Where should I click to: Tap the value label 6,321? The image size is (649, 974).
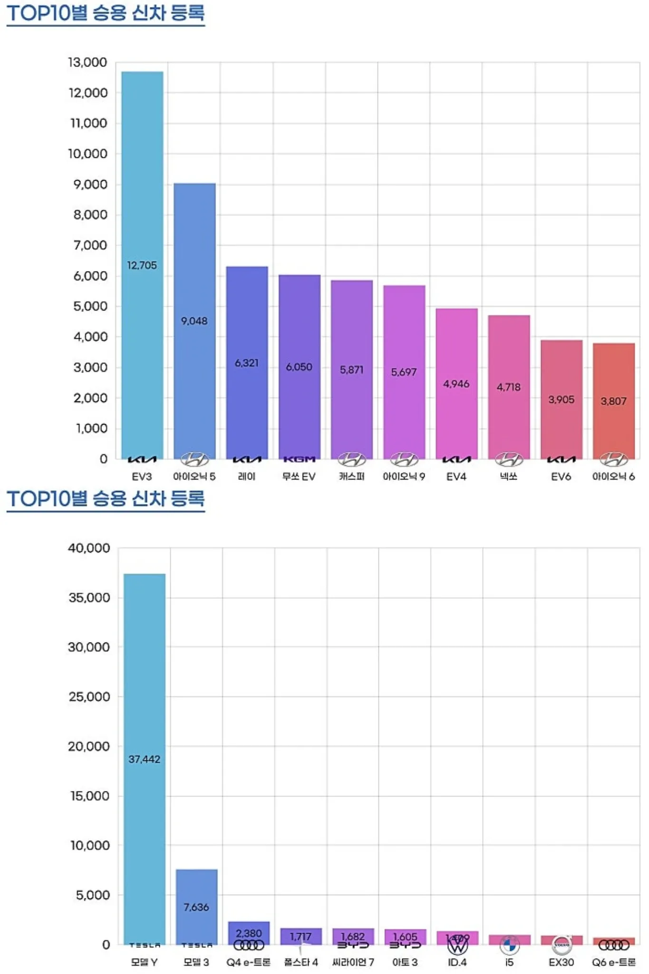click(247, 363)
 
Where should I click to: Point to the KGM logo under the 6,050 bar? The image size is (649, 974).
click(299, 459)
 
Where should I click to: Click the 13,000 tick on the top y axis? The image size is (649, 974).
click(88, 62)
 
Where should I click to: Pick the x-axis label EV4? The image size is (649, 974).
click(456, 477)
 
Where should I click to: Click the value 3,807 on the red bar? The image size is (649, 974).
click(613, 401)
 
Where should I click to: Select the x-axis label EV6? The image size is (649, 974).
click(561, 477)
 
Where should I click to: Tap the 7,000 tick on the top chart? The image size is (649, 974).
click(90, 245)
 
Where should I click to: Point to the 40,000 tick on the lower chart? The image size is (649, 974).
click(89, 548)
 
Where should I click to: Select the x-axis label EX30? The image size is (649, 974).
click(561, 962)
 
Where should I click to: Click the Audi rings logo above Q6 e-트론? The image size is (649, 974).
click(614, 945)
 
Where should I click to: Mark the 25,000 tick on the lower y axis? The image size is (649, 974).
click(89, 697)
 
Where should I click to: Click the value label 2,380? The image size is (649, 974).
click(249, 933)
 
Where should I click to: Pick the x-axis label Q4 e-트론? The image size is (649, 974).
click(248, 962)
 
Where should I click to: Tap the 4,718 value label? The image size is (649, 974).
click(509, 387)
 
